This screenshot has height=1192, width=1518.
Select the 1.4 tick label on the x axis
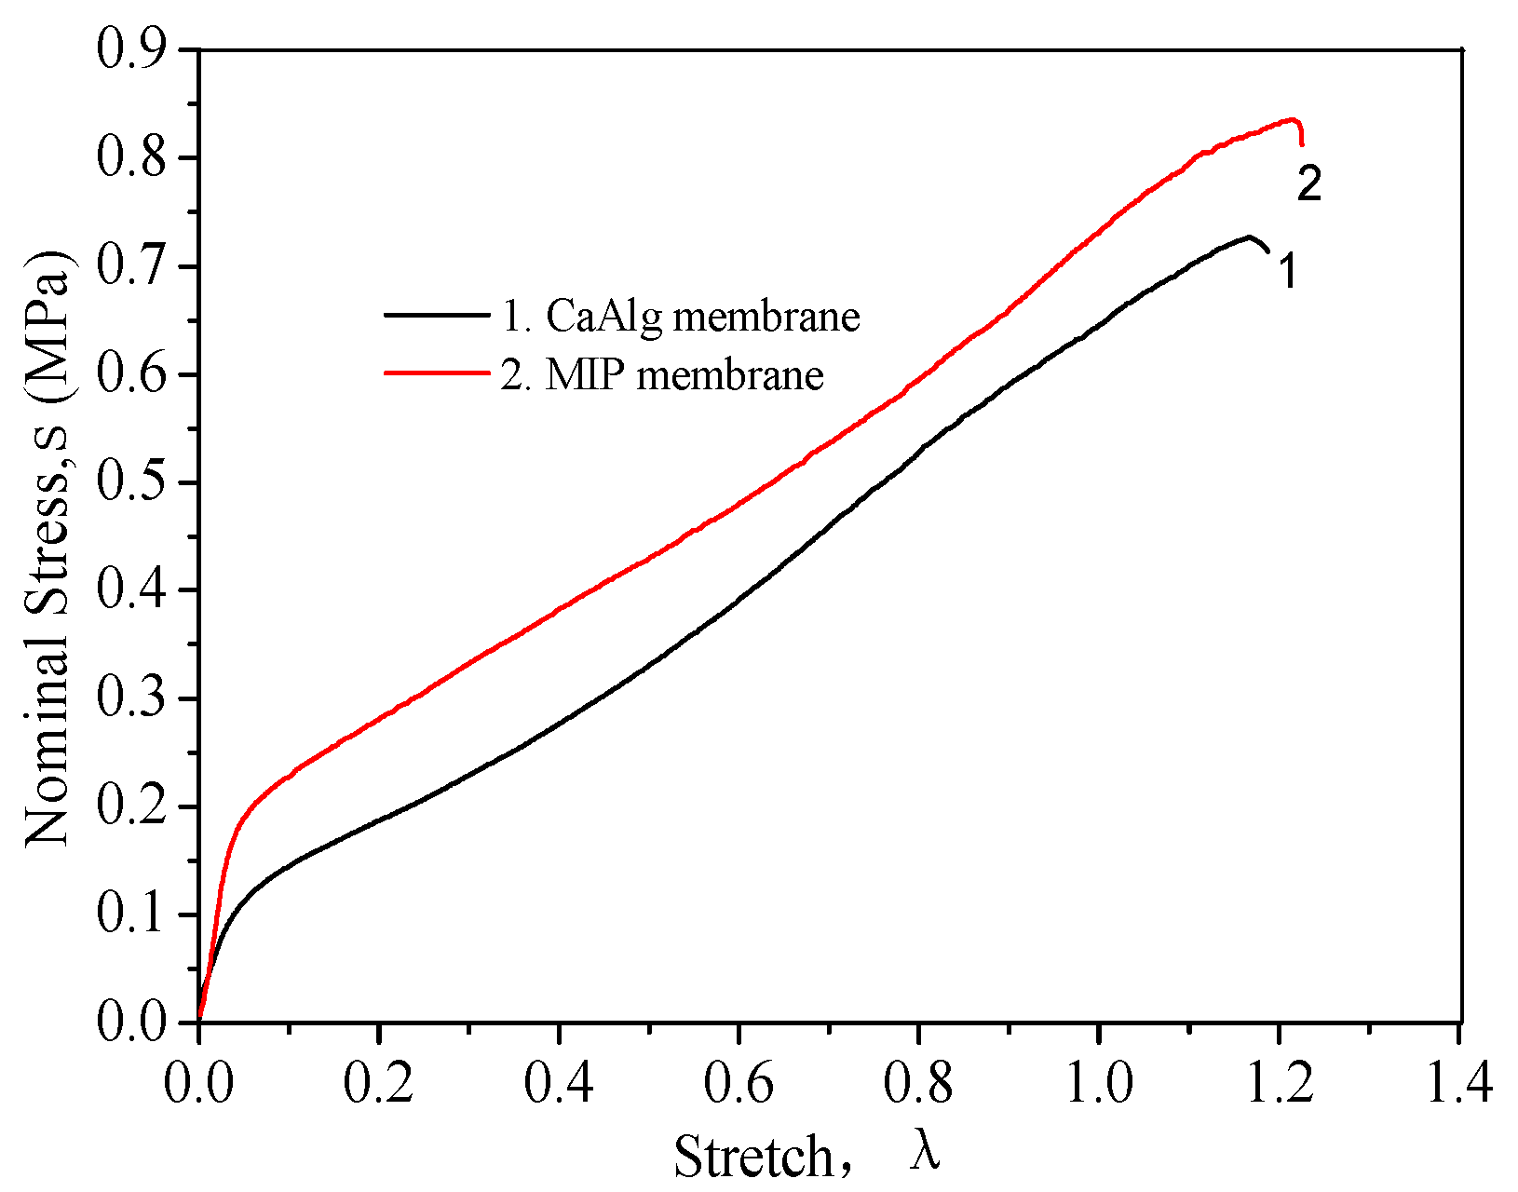point(1458,1083)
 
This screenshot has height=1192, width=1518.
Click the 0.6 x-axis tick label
point(739,1083)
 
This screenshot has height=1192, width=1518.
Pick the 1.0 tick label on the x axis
point(1099,1083)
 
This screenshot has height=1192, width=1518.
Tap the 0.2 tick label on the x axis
point(378,1083)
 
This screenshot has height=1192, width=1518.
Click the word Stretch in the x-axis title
point(754,1157)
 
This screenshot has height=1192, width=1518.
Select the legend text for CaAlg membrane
point(680,317)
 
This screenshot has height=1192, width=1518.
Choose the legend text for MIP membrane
point(662,375)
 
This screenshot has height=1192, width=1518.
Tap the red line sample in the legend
point(437,372)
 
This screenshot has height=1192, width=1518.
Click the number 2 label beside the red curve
point(1308,183)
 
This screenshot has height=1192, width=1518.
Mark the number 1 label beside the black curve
point(1288,272)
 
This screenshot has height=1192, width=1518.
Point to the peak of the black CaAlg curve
point(1248,237)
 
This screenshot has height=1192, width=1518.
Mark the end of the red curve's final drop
point(1302,145)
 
